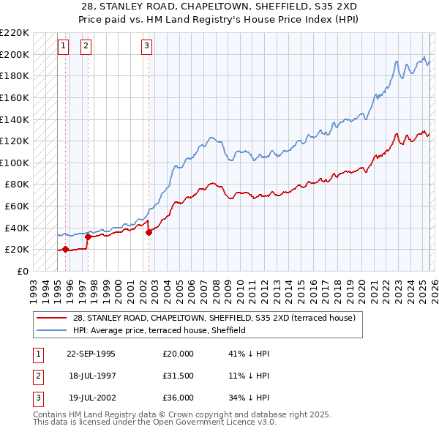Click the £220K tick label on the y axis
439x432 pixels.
click(x=15, y=33)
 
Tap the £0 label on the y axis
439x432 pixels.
click(x=23, y=271)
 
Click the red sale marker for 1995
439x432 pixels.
click(x=66, y=250)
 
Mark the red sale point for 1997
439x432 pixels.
click(x=88, y=237)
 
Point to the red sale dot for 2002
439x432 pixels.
click(x=149, y=232)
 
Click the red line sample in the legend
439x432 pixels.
click(x=52, y=318)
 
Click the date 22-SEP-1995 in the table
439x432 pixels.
click(x=91, y=353)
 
